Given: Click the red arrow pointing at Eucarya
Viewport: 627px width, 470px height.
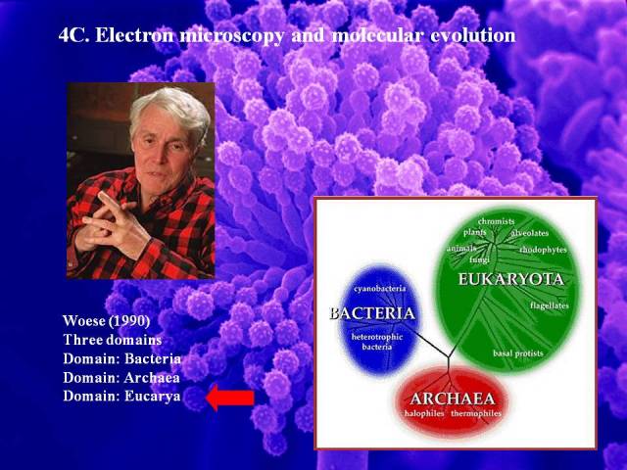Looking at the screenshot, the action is click(x=230, y=398).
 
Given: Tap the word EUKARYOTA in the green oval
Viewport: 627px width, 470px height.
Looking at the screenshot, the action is click(x=510, y=279).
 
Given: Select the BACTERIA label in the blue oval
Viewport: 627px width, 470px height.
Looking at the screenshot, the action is click(x=372, y=313).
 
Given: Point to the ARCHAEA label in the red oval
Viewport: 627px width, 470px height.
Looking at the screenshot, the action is click(x=453, y=399).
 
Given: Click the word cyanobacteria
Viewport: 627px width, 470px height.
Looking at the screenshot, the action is click(x=380, y=289).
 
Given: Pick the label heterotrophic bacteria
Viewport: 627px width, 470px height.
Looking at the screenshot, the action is click(x=377, y=342).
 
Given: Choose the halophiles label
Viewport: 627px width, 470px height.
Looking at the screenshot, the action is click(x=424, y=413).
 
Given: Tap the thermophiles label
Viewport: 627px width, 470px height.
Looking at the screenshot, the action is click(x=476, y=413).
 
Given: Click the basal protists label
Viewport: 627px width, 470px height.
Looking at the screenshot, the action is click(x=518, y=353).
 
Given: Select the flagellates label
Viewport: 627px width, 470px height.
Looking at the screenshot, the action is click(x=549, y=305).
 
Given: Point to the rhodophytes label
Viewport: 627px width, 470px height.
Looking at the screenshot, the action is click(x=543, y=250).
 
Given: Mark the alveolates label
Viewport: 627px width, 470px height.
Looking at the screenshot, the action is click(x=530, y=233).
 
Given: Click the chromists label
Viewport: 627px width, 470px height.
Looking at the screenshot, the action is click(x=497, y=221).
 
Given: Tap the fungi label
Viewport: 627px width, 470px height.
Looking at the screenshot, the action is click(x=479, y=260).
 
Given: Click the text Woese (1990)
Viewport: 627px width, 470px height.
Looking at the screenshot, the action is click(x=107, y=320).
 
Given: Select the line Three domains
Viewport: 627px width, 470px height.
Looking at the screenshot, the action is click(x=113, y=340).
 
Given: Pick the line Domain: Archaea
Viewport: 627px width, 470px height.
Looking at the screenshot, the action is click(x=121, y=378).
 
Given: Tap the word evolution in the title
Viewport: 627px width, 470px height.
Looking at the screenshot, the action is click(x=473, y=35).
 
